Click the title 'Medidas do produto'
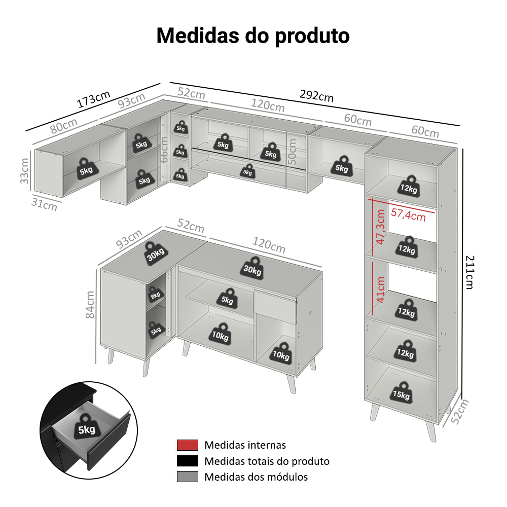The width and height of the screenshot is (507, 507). [x=252, y=36]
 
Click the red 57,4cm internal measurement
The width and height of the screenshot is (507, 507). [x=408, y=215]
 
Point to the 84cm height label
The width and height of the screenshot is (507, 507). [x=90, y=304]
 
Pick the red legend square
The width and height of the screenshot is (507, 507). [x=187, y=445]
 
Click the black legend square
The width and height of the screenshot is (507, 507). [x=187, y=461]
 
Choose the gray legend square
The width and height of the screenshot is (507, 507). [x=187, y=477]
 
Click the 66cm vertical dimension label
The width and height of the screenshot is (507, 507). [x=164, y=149]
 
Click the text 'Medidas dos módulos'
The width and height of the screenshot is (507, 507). [x=256, y=477]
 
